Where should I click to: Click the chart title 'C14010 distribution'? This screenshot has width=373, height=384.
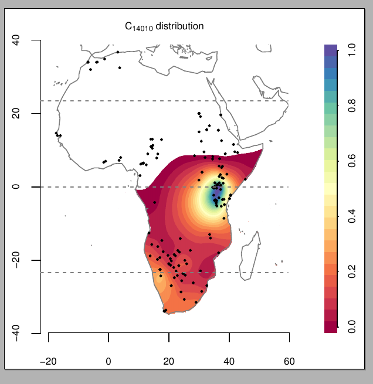[x=164, y=26]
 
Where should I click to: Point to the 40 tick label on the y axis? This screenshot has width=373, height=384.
[x=16, y=40]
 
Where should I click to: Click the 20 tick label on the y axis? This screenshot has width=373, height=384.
[x=16, y=113]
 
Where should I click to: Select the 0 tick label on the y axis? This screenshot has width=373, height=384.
[x=16, y=187]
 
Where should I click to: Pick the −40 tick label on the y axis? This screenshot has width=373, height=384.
[x=16, y=332]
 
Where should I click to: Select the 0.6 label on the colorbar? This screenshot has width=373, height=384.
[x=351, y=162]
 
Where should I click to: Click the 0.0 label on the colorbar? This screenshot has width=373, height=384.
[x=351, y=329]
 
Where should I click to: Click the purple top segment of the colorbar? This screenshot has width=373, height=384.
[x=331, y=50]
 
